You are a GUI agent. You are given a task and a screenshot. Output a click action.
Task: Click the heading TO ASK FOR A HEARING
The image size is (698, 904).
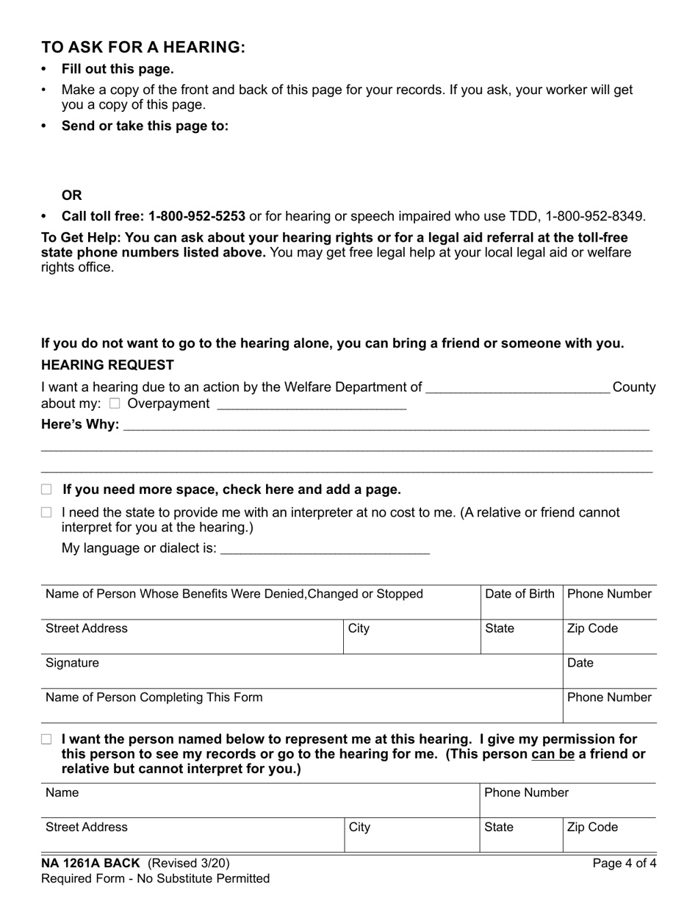pos(143,47)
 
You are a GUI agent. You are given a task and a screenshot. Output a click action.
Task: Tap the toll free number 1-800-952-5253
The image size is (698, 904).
pos(196,216)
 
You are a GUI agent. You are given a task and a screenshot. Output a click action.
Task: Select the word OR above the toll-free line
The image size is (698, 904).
pos(72,195)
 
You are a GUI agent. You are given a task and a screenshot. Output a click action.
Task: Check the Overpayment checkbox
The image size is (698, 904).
pos(114,403)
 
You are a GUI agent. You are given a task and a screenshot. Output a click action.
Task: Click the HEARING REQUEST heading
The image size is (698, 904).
pos(107,365)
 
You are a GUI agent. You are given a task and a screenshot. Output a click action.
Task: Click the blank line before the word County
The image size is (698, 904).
pos(517,388)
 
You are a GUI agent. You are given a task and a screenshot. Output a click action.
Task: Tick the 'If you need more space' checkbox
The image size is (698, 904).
pos(47,489)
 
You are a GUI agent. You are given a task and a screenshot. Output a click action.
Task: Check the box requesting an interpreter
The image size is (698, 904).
pos(47,512)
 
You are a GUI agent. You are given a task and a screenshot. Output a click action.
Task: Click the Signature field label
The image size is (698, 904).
pos(72,663)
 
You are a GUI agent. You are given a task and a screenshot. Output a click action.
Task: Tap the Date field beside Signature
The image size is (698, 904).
pos(609,671)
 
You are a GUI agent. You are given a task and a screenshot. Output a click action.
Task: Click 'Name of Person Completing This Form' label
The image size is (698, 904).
pos(154,697)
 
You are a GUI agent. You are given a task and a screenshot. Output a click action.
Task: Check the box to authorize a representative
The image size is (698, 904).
pos(47,739)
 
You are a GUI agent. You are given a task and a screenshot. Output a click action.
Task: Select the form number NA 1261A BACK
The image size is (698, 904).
pos(90,864)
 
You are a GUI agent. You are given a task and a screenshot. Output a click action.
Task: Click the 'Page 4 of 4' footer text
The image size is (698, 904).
pos(624,864)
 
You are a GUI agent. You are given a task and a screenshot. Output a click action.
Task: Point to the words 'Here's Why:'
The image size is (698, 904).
pos(80,424)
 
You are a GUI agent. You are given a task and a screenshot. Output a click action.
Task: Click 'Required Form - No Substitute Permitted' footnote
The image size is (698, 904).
pos(155,878)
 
